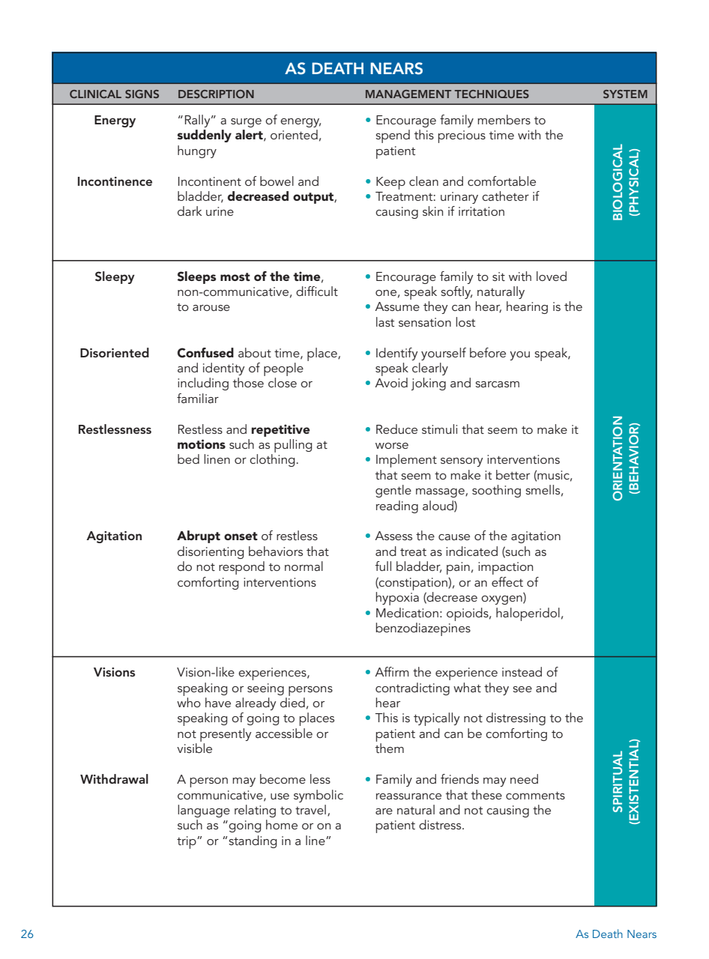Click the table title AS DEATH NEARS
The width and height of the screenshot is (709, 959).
tap(354, 69)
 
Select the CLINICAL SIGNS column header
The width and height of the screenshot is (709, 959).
tap(114, 94)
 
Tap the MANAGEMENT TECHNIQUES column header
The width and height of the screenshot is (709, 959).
tap(447, 94)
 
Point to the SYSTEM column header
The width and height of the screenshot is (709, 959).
tap(625, 94)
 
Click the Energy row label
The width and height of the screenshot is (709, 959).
tap(115, 121)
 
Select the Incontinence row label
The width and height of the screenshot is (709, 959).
tap(114, 182)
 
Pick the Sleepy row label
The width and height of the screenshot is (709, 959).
tap(115, 277)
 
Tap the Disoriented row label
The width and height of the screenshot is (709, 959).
tap(114, 354)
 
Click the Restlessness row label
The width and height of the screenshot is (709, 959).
tap(114, 430)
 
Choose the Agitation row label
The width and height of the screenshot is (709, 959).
tap(114, 536)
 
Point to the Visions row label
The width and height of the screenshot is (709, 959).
tap(115, 673)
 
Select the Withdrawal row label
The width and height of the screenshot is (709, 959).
tap(114, 780)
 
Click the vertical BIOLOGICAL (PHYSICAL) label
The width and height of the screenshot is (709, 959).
tap(625, 182)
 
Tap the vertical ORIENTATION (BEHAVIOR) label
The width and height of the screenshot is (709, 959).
tap(625, 458)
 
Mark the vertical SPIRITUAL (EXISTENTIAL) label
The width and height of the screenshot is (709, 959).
tap(625, 781)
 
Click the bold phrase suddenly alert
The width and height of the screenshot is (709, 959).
tap(220, 136)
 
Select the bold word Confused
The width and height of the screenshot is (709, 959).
tap(205, 354)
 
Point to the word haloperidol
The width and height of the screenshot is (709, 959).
tap(527, 614)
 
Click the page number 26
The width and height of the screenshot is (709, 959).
tap(27, 934)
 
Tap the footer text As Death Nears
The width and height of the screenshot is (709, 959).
tap(615, 934)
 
